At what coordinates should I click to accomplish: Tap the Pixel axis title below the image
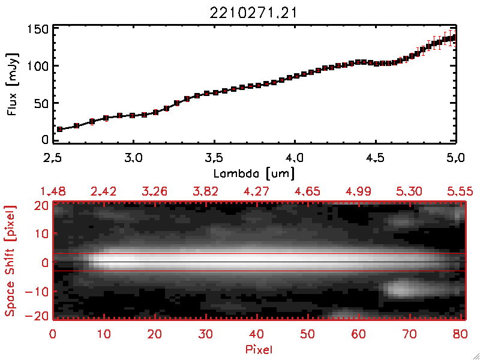(259, 348)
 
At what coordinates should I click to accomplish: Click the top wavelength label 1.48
(53, 191)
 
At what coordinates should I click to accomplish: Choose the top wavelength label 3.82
(206, 191)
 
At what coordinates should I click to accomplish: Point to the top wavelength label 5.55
(461, 191)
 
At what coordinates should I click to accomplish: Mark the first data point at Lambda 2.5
(59, 129)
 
